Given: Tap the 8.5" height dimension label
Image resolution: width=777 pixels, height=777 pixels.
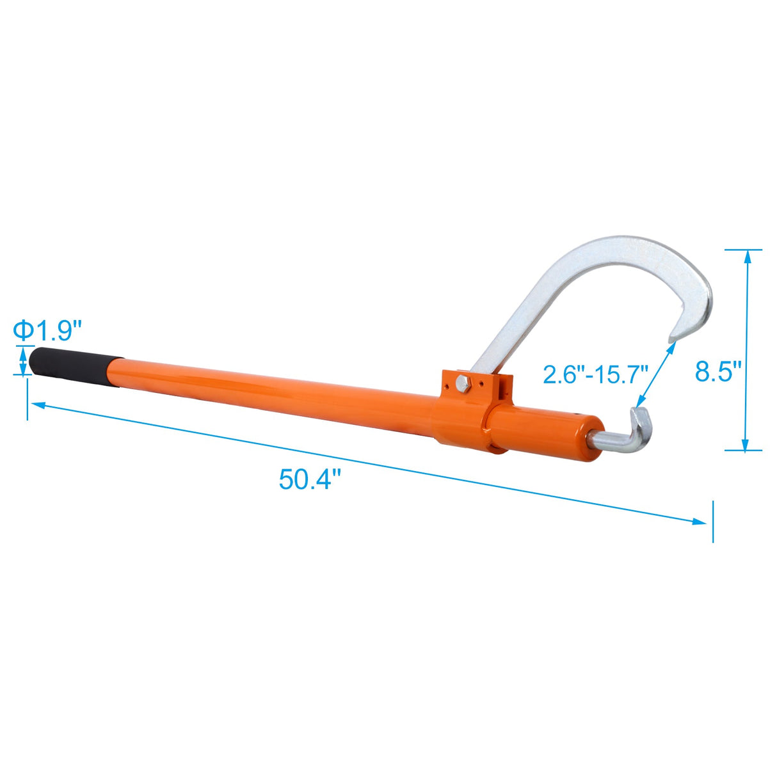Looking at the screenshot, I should tap(718, 371).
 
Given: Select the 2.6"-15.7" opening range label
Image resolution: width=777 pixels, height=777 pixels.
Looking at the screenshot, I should tap(596, 374).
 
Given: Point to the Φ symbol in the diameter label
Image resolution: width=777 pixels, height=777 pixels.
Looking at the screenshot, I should tap(24, 331).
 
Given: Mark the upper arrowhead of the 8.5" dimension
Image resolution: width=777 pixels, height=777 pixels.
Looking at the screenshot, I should tap(745, 255).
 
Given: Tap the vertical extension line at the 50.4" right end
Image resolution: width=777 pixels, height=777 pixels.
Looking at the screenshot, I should tap(712, 522).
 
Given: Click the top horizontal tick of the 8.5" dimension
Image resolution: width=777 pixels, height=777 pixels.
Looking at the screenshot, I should tap(744, 250).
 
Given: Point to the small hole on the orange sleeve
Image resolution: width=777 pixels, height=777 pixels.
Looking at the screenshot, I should tap(579, 415).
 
